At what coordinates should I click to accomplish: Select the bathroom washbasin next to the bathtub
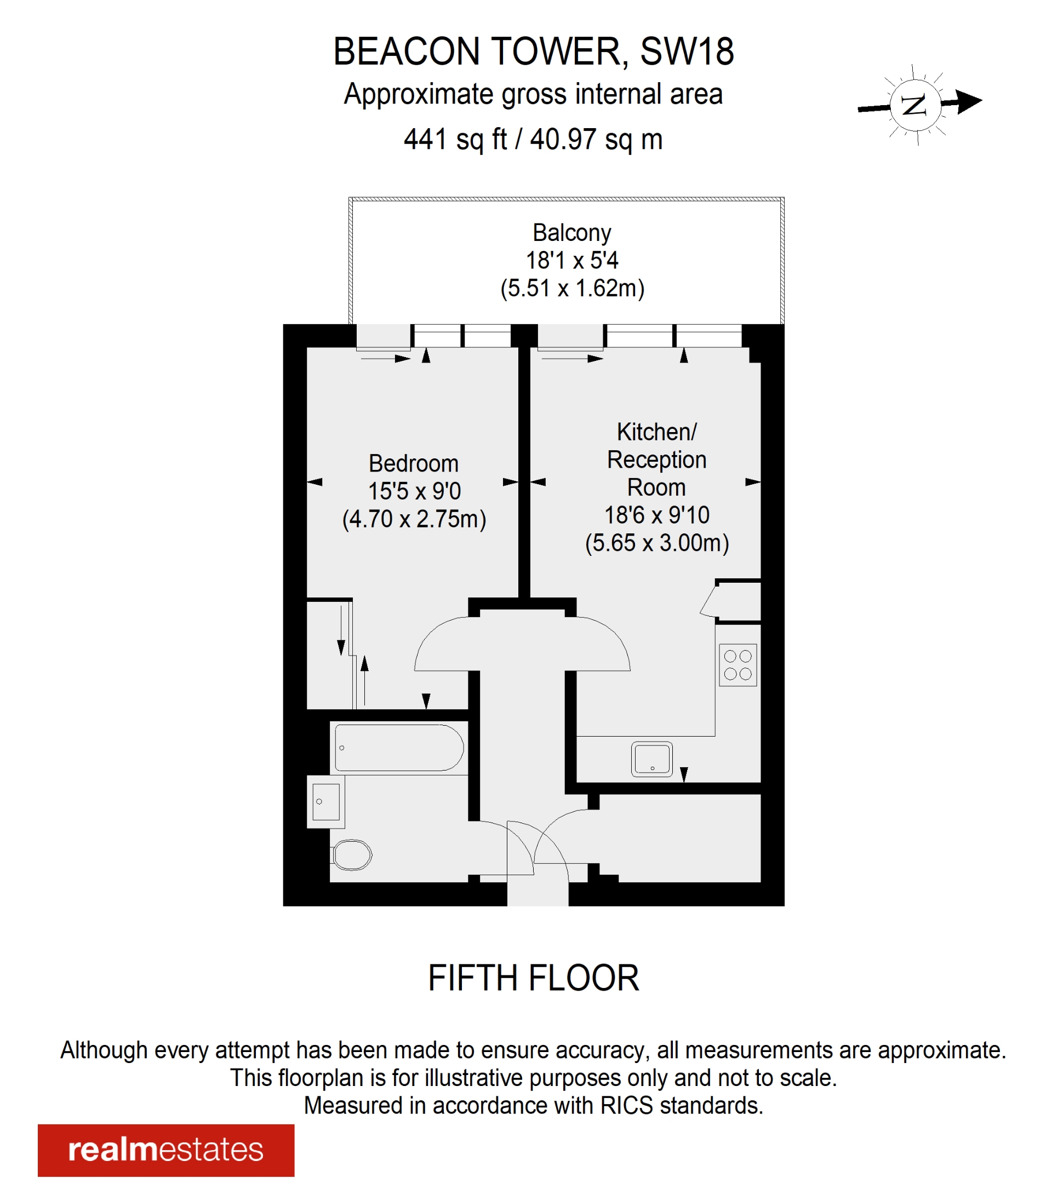point(325,802)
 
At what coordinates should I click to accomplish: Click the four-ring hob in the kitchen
point(737,665)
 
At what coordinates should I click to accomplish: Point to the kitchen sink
point(651,759)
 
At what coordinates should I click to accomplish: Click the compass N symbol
point(914,105)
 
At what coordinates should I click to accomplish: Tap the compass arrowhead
point(969,101)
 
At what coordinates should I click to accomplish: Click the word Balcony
point(571,233)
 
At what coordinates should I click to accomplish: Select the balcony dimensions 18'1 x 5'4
point(571,260)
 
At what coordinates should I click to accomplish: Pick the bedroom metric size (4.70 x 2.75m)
point(414,519)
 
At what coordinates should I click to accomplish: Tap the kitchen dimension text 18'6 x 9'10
point(656,515)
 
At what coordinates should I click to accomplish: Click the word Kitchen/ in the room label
point(656,432)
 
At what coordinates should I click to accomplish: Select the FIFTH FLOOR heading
point(533,978)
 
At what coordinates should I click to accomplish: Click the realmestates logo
point(166,1150)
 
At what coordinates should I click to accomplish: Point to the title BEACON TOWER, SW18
point(533,51)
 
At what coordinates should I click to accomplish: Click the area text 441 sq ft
point(455,140)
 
